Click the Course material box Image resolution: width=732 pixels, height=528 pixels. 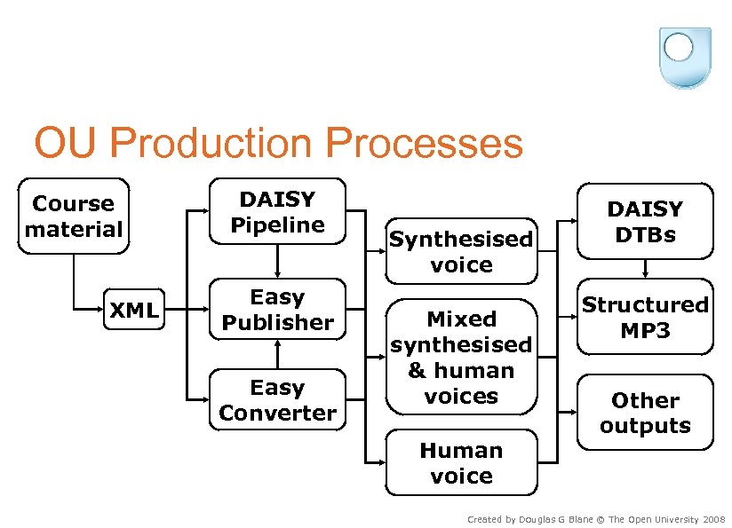74,216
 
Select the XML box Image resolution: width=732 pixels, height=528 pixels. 134,309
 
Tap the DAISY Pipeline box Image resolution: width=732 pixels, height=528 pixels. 278,211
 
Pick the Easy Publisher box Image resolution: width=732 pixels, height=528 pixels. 278,309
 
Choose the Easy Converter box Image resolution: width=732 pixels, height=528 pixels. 278,399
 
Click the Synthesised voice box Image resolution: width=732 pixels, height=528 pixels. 461,251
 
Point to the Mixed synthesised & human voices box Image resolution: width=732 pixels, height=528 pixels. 461,357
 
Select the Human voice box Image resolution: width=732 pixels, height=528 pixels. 461,462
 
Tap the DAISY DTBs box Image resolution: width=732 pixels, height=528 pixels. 645,221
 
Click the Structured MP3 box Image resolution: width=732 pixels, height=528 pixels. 645,317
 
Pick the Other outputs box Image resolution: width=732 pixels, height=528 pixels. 645,413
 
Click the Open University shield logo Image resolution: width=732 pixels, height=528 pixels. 685,58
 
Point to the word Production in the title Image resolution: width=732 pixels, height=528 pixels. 211,142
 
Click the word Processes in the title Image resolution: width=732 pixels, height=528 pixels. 424,142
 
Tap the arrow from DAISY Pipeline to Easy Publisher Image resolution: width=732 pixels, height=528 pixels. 278,261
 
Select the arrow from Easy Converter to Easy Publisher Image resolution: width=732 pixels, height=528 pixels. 278,354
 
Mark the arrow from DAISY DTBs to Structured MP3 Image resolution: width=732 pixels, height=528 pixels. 645,269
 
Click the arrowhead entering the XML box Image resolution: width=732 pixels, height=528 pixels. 99,309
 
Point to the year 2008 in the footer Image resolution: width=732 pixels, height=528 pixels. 714,519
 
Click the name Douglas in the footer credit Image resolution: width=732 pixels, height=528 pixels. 532,520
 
